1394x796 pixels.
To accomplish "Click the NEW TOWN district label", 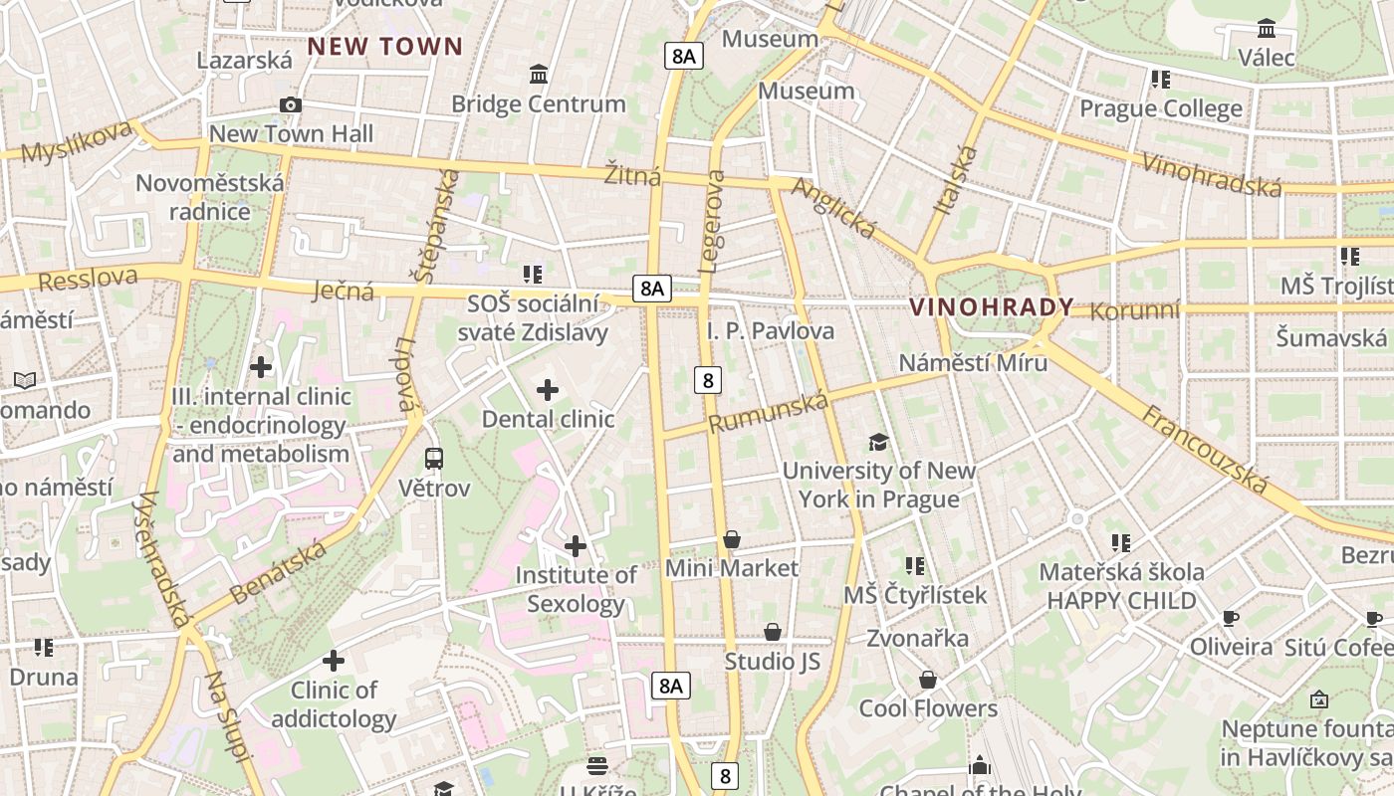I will coord(385,46).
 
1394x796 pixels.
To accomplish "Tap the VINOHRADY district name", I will coord(992,306).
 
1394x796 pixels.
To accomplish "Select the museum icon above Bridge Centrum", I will coord(539,75).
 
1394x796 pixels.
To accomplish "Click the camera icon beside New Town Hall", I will coord(291,104).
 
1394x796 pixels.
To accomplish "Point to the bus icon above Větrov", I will coord(434,459).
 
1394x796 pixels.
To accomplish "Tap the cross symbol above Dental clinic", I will coord(548,390).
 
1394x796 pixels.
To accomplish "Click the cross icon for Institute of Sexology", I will coord(576,546).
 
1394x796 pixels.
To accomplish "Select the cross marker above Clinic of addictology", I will coord(334,661).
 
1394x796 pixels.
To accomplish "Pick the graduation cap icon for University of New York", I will coord(878,442).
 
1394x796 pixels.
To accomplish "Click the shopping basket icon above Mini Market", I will coord(732,539).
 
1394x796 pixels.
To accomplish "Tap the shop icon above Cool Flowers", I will coord(928,680).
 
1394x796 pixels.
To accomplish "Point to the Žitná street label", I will coord(632,176).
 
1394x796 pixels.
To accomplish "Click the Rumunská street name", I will coord(768,412).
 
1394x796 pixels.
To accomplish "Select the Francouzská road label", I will coord(1205,450).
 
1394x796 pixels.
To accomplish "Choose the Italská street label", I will coord(956,179).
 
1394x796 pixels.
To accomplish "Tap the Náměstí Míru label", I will coord(973,362).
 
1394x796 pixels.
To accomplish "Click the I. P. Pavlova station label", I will coord(770,330).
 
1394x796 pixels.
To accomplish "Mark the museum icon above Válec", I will coord(1267,28).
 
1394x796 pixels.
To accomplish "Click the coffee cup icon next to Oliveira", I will coord(1231,618).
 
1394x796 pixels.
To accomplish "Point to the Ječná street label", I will coord(344,291).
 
